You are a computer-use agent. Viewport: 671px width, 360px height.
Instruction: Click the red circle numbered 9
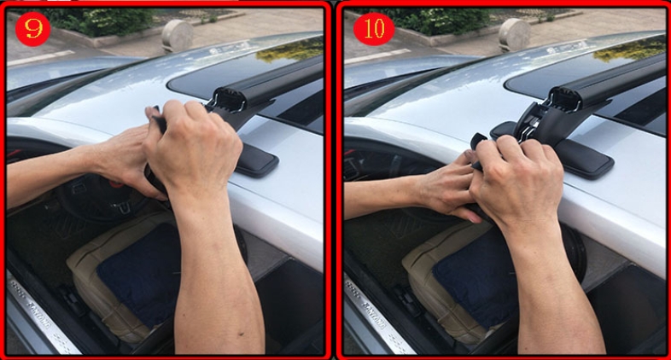point(32,29)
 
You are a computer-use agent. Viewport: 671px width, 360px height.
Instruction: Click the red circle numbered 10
point(374,29)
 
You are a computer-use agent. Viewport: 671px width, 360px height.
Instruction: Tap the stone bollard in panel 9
point(178,36)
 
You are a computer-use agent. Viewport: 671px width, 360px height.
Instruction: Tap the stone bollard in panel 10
point(514,35)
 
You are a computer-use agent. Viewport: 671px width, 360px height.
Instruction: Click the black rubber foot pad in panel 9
point(256,160)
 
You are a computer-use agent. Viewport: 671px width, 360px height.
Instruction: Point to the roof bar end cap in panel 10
point(565,99)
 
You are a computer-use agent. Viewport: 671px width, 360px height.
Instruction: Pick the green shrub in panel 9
point(102,21)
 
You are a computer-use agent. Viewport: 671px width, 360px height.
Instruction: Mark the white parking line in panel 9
point(41,58)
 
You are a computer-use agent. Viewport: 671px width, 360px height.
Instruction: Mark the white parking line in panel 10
point(377,56)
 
